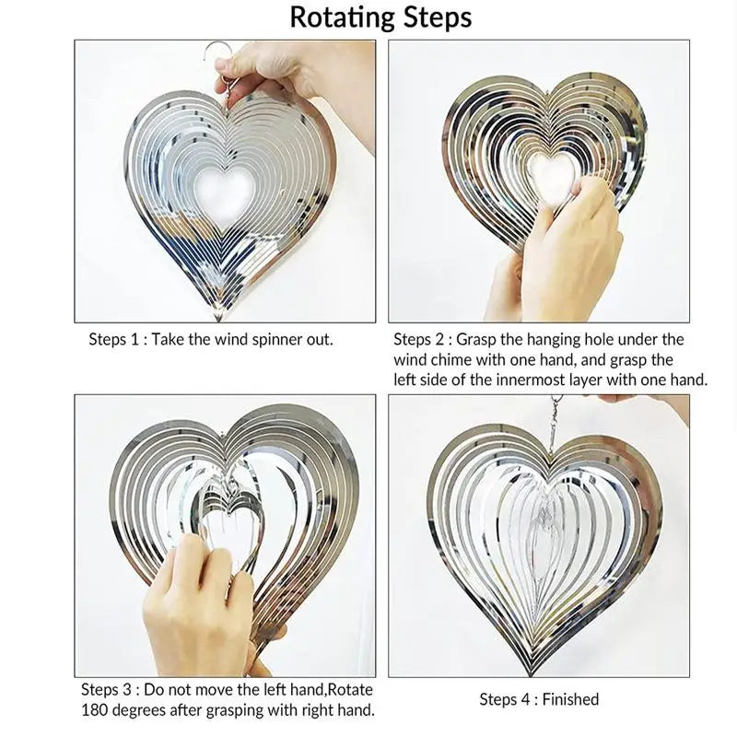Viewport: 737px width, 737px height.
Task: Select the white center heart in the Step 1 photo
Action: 225,193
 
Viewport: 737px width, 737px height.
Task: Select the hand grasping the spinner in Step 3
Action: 206,606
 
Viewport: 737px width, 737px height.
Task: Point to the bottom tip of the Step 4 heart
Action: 532,673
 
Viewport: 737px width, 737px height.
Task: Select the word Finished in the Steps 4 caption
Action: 570,699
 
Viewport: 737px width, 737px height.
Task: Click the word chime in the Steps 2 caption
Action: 450,359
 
